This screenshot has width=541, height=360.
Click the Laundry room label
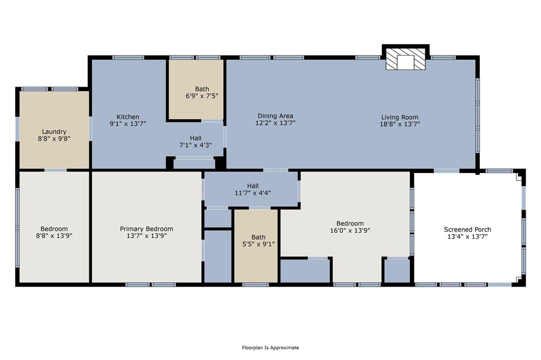(x=54, y=132)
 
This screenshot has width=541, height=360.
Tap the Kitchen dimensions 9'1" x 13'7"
(x=128, y=124)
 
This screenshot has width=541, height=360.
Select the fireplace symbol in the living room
(x=405, y=59)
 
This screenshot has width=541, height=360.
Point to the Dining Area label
(x=275, y=116)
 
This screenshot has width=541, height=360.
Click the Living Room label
(x=399, y=117)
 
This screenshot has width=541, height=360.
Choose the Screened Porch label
(x=467, y=229)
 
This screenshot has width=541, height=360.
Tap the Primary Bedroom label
(x=147, y=229)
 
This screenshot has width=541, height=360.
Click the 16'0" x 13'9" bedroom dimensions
(x=350, y=230)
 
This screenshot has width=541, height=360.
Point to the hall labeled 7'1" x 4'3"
(x=195, y=141)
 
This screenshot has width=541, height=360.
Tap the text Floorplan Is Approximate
(x=270, y=347)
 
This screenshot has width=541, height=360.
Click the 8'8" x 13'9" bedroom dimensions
(x=54, y=236)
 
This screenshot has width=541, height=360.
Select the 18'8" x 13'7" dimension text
(x=399, y=124)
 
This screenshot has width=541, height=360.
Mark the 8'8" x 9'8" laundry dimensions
(x=54, y=139)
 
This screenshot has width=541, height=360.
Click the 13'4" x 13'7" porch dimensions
(x=467, y=236)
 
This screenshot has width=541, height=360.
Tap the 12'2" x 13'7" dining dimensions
(x=275, y=123)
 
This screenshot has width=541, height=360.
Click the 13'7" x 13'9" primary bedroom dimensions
(x=147, y=236)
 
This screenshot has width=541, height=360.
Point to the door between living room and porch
(x=446, y=170)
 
